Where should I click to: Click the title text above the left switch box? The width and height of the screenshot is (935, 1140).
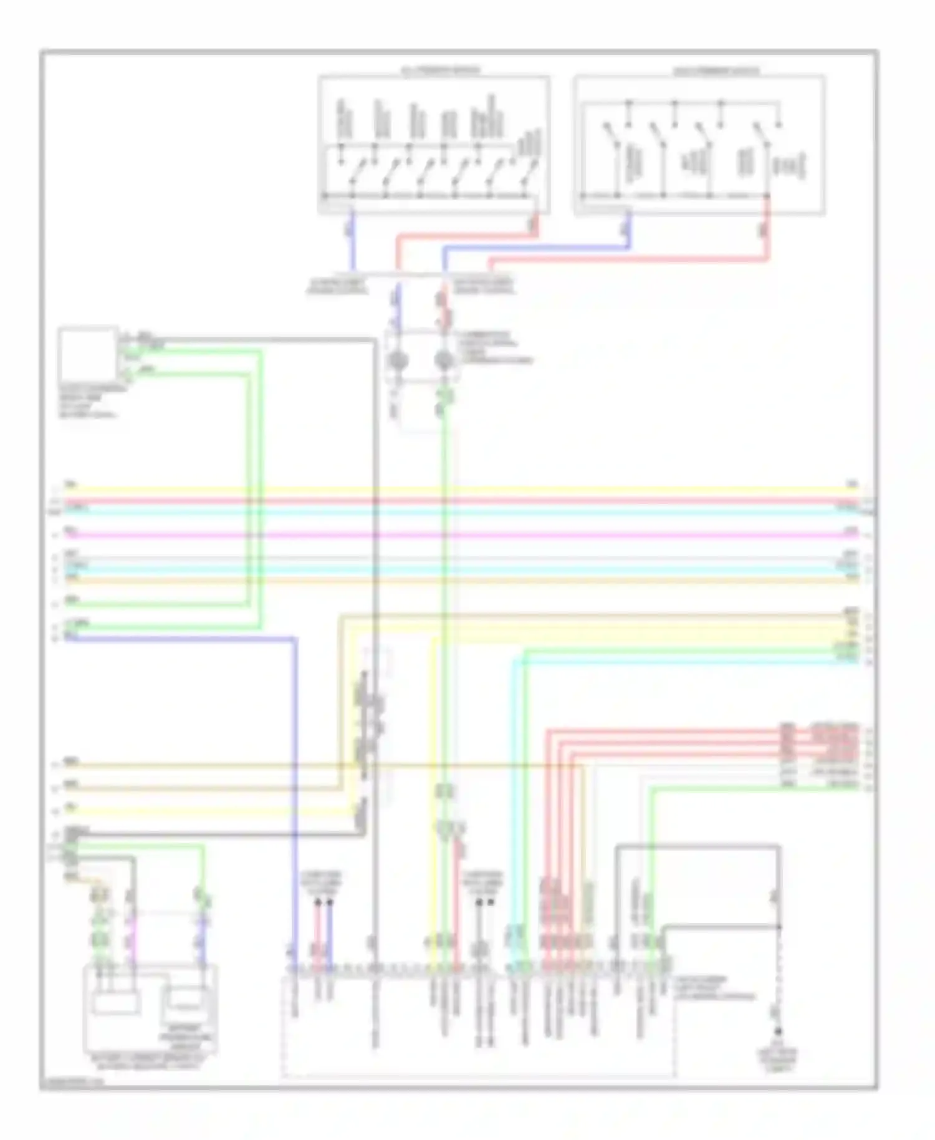coord(440,70)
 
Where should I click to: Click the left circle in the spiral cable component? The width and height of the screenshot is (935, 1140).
coord(398,361)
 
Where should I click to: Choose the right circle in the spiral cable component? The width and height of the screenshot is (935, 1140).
coord(443,361)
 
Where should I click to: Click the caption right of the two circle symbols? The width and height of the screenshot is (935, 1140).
coord(496,347)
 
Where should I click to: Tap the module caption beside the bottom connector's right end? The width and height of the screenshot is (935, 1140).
coord(714,988)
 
